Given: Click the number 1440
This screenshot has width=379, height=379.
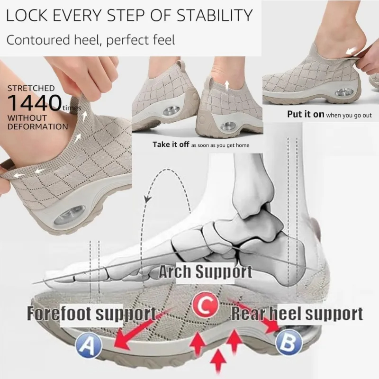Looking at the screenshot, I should click(x=33, y=102).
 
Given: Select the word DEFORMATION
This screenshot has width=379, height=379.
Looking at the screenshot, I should click(x=37, y=126).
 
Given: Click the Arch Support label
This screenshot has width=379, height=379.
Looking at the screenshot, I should click(x=205, y=272).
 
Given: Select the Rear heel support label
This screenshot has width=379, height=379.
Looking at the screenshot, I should click(x=297, y=313).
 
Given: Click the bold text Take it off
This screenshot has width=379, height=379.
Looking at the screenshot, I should click(x=171, y=144).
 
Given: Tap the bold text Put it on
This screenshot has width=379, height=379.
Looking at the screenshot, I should click(x=306, y=114).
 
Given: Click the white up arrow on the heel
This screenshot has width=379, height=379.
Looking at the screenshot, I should click(x=227, y=85).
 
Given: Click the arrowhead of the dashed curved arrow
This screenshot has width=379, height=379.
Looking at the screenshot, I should click(x=147, y=199).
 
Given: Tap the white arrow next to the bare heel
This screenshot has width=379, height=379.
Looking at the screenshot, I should click(x=352, y=50).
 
